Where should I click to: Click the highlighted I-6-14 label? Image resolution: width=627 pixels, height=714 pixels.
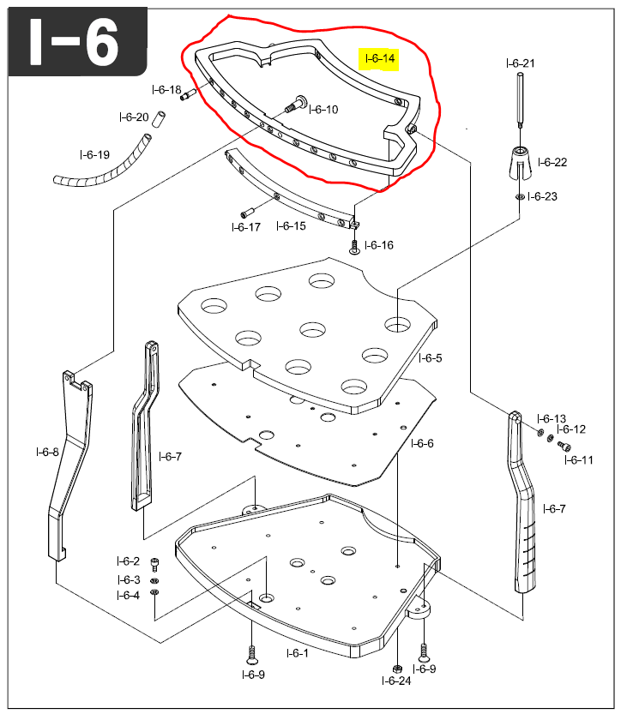[380, 59]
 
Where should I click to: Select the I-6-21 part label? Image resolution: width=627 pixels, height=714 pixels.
[521, 63]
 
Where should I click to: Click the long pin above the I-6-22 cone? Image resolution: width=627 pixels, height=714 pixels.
[521, 101]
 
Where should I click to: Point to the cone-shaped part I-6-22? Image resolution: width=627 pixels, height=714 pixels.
[520, 162]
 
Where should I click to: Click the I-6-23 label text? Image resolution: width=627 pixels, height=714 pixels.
[542, 196]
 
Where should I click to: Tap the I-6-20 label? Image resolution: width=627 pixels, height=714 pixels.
[133, 117]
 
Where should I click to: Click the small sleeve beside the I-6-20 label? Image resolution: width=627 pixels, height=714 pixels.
[158, 121]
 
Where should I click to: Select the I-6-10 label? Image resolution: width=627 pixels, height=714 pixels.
[323, 110]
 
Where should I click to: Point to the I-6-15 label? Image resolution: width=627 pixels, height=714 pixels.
[291, 226]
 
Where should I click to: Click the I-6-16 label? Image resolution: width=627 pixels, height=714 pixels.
[378, 245]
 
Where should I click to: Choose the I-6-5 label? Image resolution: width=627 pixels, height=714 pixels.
[431, 358]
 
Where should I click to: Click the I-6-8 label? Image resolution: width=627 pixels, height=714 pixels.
[47, 452]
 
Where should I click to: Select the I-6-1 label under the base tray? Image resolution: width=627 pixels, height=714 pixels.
[297, 653]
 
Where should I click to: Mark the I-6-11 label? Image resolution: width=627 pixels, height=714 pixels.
[578, 460]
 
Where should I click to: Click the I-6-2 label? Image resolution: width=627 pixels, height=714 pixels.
[128, 561]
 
